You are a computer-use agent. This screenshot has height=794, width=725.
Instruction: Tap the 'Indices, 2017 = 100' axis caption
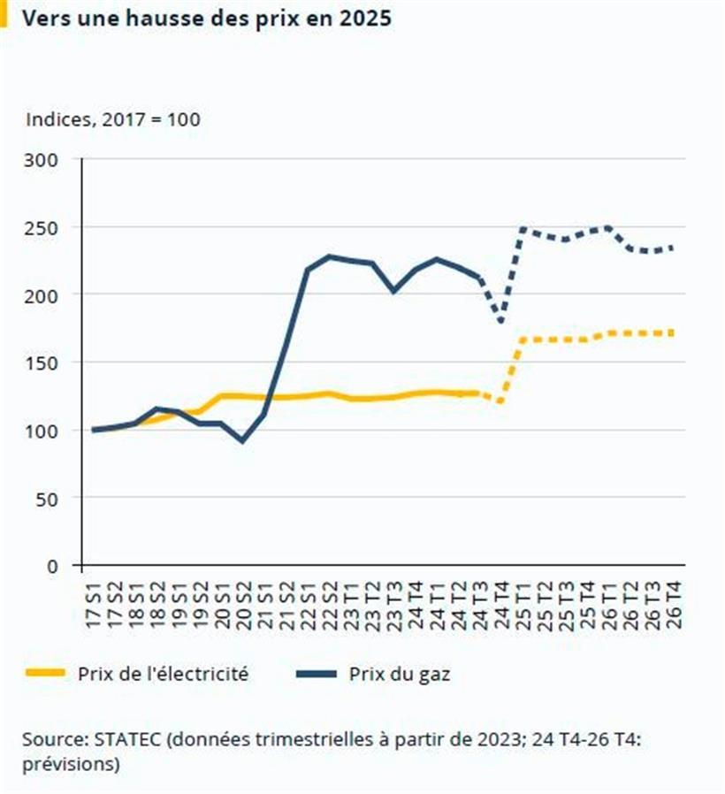point(112,118)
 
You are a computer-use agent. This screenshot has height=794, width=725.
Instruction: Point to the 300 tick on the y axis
point(42,159)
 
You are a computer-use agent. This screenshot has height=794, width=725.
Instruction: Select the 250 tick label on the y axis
point(42,227)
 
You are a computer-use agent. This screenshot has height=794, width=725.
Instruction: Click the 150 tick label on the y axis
point(42,363)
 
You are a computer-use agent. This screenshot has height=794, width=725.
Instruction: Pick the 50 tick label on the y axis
point(48,498)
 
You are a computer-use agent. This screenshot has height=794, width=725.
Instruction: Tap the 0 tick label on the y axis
point(53,566)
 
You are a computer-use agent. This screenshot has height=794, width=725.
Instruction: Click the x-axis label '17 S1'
point(94,605)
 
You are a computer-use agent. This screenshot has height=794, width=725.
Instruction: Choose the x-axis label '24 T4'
point(501,605)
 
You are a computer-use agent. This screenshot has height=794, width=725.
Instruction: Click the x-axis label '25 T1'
point(523,605)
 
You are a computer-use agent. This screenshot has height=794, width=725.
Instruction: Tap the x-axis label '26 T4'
point(673,605)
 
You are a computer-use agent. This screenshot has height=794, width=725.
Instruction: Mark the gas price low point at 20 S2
point(243,440)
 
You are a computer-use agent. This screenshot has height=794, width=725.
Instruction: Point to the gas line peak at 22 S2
point(329,256)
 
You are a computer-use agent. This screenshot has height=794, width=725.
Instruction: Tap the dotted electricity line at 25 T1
point(523,340)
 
